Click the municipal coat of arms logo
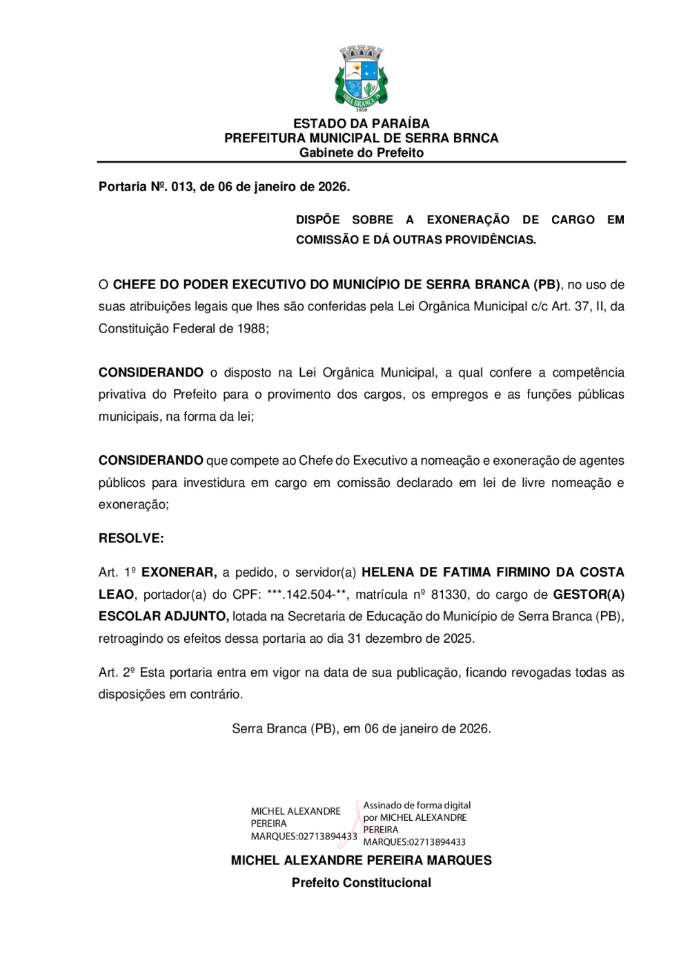(x=361, y=78)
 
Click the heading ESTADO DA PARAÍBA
(x=361, y=123)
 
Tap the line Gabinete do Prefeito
(x=361, y=152)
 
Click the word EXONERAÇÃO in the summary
(x=468, y=220)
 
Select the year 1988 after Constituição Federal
(x=251, y=329)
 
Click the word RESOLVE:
(x=131, y=539)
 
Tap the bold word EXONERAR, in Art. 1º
(x=179, y=572)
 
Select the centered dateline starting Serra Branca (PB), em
(x=361, y=729)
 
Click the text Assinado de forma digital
(x=417, y=805)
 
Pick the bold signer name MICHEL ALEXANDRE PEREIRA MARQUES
(x=361, y=861)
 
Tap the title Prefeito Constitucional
(x=361, y=883)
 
